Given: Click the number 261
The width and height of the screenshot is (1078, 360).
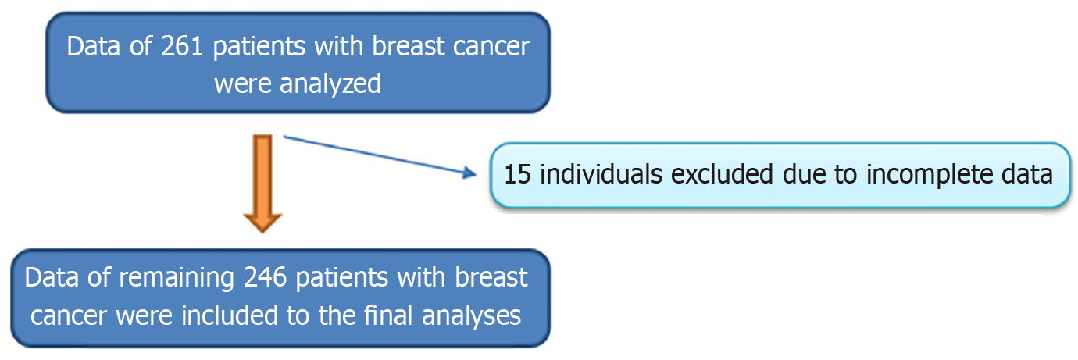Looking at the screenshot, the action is [x=182, y=47].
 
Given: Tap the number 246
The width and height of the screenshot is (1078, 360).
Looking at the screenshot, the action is [x=265, y=278].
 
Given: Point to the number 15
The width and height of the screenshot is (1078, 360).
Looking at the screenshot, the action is [x=517, y=174].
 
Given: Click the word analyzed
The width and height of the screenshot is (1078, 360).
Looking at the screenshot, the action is [x=330, y=84].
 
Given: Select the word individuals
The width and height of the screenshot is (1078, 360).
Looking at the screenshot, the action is [x=601, y=173].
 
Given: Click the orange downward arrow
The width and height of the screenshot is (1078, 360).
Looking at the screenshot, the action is [x=262, y=184].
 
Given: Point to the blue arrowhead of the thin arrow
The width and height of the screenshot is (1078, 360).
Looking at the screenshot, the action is [x=469, y=173].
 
